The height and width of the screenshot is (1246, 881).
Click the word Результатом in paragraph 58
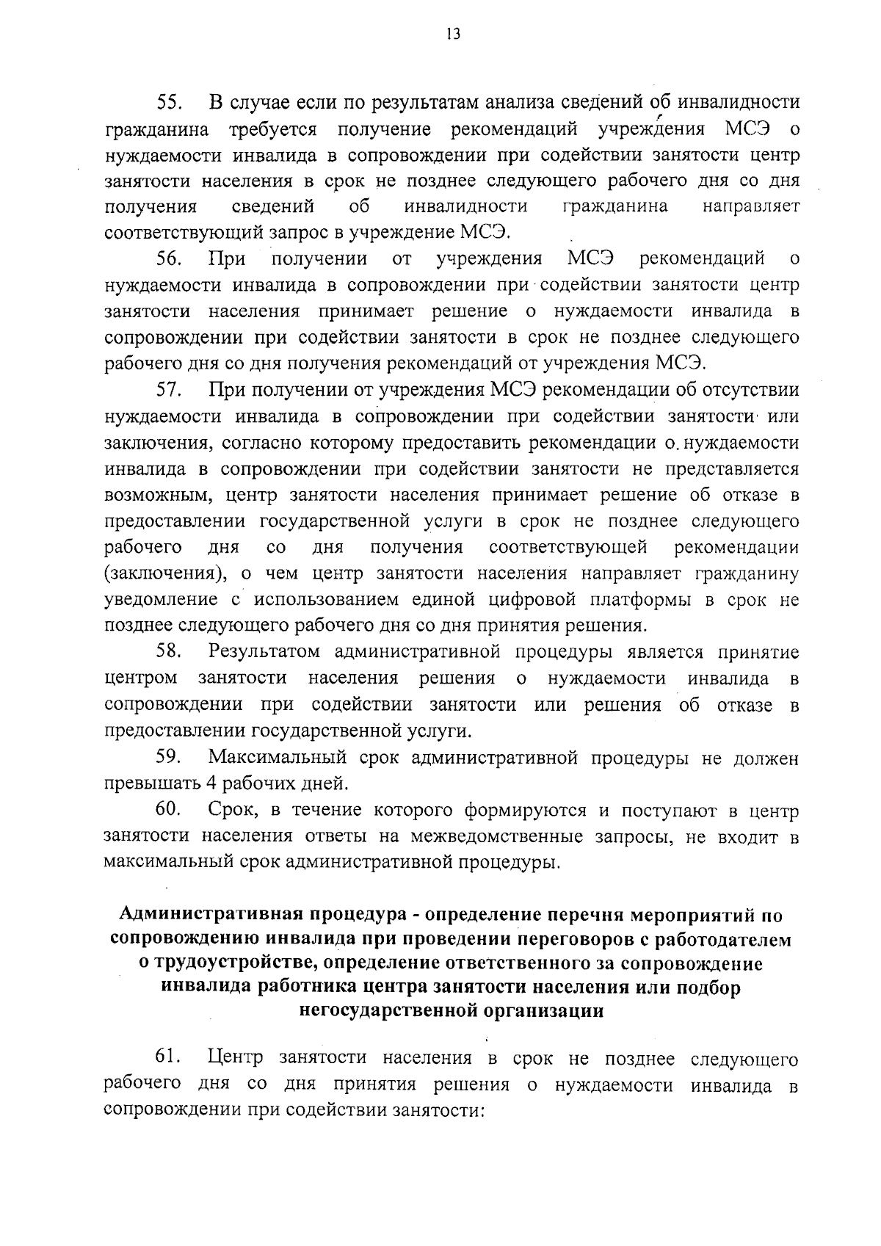(264, 652)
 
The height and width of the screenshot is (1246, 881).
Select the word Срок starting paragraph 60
(232, 810)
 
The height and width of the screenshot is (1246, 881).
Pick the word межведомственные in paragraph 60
(485, 836)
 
